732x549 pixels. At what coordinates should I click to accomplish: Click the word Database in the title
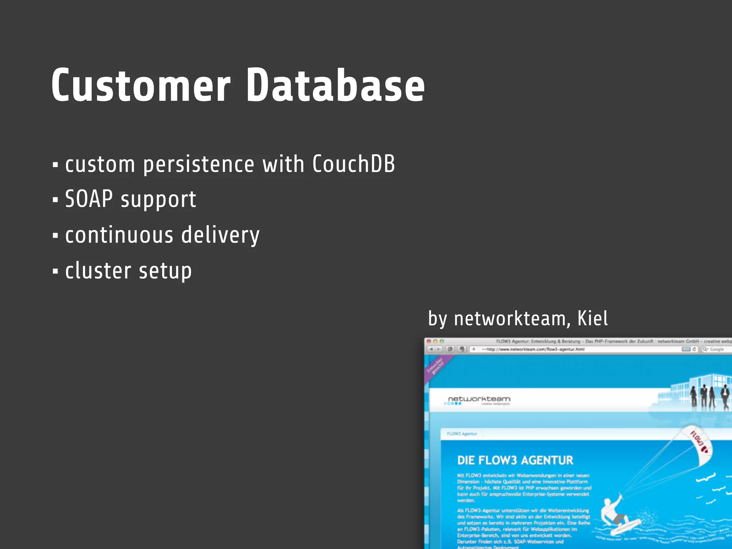tap(335, 86)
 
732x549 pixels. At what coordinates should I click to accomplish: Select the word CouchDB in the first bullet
tap(353, 164)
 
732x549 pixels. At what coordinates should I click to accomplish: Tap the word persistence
tap(199, 165)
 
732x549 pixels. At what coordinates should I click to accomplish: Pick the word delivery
tap(220, 236)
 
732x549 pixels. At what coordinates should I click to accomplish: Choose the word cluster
tap(98, 271)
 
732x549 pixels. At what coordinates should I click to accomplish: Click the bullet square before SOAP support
tap(55, 200)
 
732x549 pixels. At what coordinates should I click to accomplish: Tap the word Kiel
tap(592, 318)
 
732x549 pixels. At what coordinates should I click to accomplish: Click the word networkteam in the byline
tap(510, 319)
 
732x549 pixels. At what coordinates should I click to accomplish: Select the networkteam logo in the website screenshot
tap(479, 400)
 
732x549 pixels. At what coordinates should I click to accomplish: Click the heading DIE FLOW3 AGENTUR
tap(515, 460)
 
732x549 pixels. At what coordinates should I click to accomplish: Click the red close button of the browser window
tap(429, 341)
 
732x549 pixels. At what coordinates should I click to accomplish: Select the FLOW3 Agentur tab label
tap(462, 434)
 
